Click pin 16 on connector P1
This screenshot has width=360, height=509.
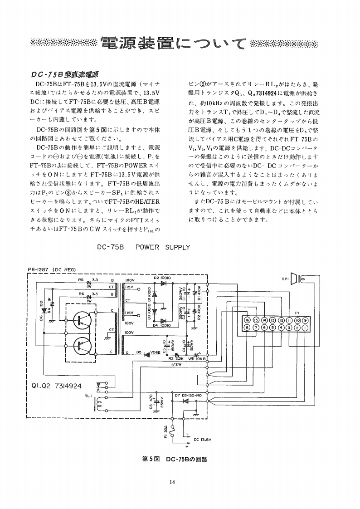coord(248,320)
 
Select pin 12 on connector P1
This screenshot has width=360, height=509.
coord(281,320)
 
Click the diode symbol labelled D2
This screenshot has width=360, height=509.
coord(163,283)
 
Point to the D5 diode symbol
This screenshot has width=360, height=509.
coord(146,352)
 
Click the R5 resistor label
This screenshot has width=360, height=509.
coord(80,280)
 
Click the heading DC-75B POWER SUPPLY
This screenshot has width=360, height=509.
coord(143,247)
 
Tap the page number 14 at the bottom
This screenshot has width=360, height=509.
coord(172,482)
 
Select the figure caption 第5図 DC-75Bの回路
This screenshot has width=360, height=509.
coord(175,459)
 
